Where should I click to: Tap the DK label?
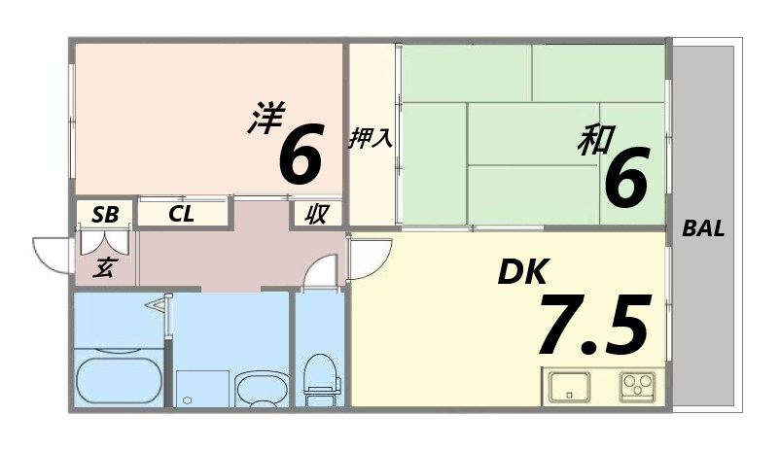point(523,272)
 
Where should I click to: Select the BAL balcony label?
point(702,229)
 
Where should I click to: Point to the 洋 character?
point(264,119)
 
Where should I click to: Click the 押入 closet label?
point(372,138)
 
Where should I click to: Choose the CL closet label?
point(182,214)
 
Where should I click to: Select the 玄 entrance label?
point(103,267)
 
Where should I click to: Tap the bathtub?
point(119,381)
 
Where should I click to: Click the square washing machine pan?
point(202,389)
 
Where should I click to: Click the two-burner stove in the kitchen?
point(639,386)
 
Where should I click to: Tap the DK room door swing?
point(368,257)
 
